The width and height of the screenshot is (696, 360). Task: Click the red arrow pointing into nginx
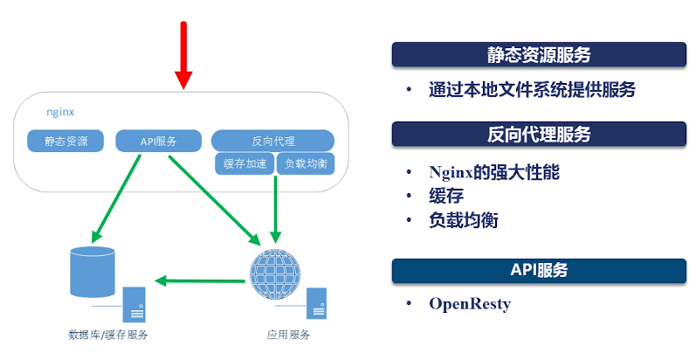(x=183, y=55)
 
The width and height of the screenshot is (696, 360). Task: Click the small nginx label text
(x=60, y=112)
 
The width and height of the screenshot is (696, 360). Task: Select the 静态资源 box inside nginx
(x=65, y=142)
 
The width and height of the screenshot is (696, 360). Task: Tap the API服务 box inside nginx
(x=158, y=142)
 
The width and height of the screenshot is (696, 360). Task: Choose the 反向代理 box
(x=273, y=142)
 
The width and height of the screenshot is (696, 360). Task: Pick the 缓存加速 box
(x=245, y=163)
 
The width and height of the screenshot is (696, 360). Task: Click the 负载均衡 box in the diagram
(x=306, y=163)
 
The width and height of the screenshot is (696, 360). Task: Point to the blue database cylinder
(x=93, y=272)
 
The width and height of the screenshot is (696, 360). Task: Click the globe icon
(x=275, y=273)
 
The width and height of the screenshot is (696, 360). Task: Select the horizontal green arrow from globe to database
(x=200, y=280)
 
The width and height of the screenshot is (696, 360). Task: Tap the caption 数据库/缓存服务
(x=108, y=335)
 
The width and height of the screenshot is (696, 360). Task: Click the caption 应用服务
(x=288, y=335)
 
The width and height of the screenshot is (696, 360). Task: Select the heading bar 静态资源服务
(x=539, y=54)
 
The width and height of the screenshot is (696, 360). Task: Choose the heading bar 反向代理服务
(x=539, y=134)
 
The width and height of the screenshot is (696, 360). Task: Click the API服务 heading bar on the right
(x=539, y=270)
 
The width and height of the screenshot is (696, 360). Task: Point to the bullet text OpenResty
(x=470, y=304)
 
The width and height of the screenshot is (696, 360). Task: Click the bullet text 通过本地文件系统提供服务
(x=532, y=90)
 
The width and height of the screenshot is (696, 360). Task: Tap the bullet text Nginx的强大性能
(x=494, y=172)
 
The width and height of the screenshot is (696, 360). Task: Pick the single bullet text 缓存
(x=446, y=196)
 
